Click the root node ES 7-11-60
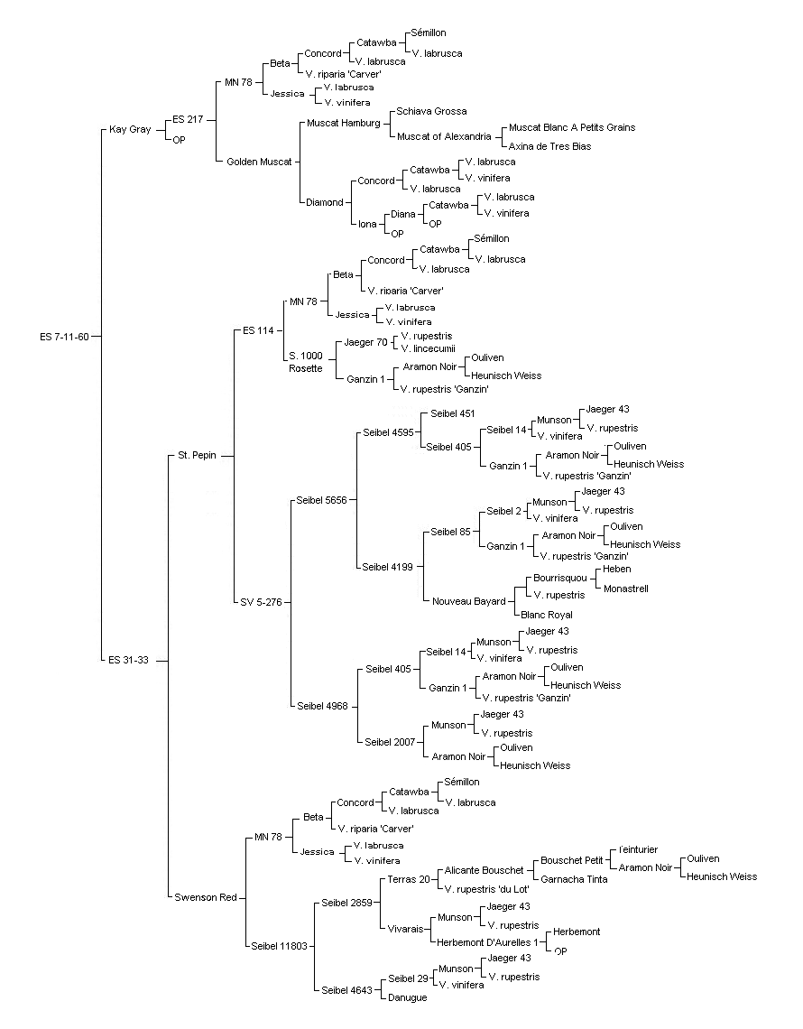click(x=64, y=338)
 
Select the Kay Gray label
click(x=130, y=129)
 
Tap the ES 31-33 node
click(x=129, y=660)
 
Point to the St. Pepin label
click(x=197, y=456)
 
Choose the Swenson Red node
click(x=206, y=898)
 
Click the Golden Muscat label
click(x=259, y=162)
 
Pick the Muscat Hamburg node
click(x=344, y=124)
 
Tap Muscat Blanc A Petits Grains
click(x=572, y=128)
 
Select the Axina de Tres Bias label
click(x=549, y=147)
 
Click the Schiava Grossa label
click(x=431, y=112)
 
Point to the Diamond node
click(x=325, y=203)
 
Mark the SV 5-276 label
click(x=261, y=602)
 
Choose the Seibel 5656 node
click(x=321, y=500)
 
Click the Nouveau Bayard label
click(x=469, y=601)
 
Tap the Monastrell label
click(x=626, y=589)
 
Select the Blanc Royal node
click(x=547, y=616)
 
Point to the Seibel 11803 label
click(x=280, y=947)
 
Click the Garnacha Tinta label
click(x=574, y=880)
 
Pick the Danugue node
click(x=408, y=998)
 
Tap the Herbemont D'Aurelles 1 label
click(x=487, y=943)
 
